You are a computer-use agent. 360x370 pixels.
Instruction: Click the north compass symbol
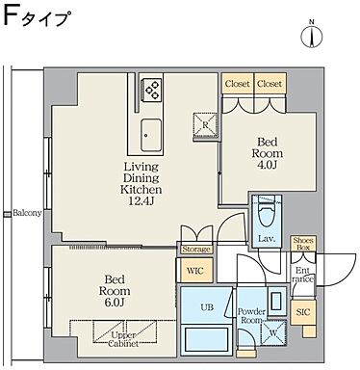[x=311, y=35]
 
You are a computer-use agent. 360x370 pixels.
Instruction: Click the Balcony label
[x=26, y=213]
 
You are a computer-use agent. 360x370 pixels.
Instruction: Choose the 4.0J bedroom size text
[x=267, y=166]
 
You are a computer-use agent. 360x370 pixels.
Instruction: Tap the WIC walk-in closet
[x=194, y=273]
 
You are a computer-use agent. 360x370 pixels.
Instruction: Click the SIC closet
[x=303, y=313]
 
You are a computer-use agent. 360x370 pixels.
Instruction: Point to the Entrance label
[x=303, y=277]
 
